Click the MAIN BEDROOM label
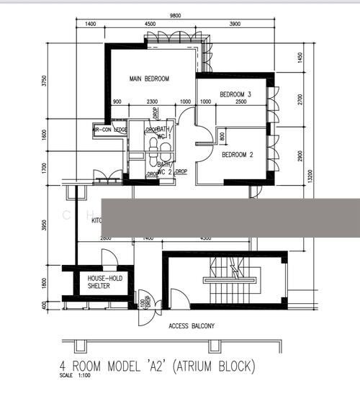(x=149, y=79)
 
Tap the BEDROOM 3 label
(x=235, y=94)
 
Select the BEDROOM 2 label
(x=237, y=155)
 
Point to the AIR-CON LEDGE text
(x=110, y=130)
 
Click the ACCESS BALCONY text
(x=191, y=326)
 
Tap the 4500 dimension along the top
(x=150, y=24)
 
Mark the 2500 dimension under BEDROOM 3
(x=240, y=102)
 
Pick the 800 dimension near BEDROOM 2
(x=222, y=135)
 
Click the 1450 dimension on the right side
(x=301, y=58)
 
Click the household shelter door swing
(x=109, y=258)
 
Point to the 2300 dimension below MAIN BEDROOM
(x=152, y=102)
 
